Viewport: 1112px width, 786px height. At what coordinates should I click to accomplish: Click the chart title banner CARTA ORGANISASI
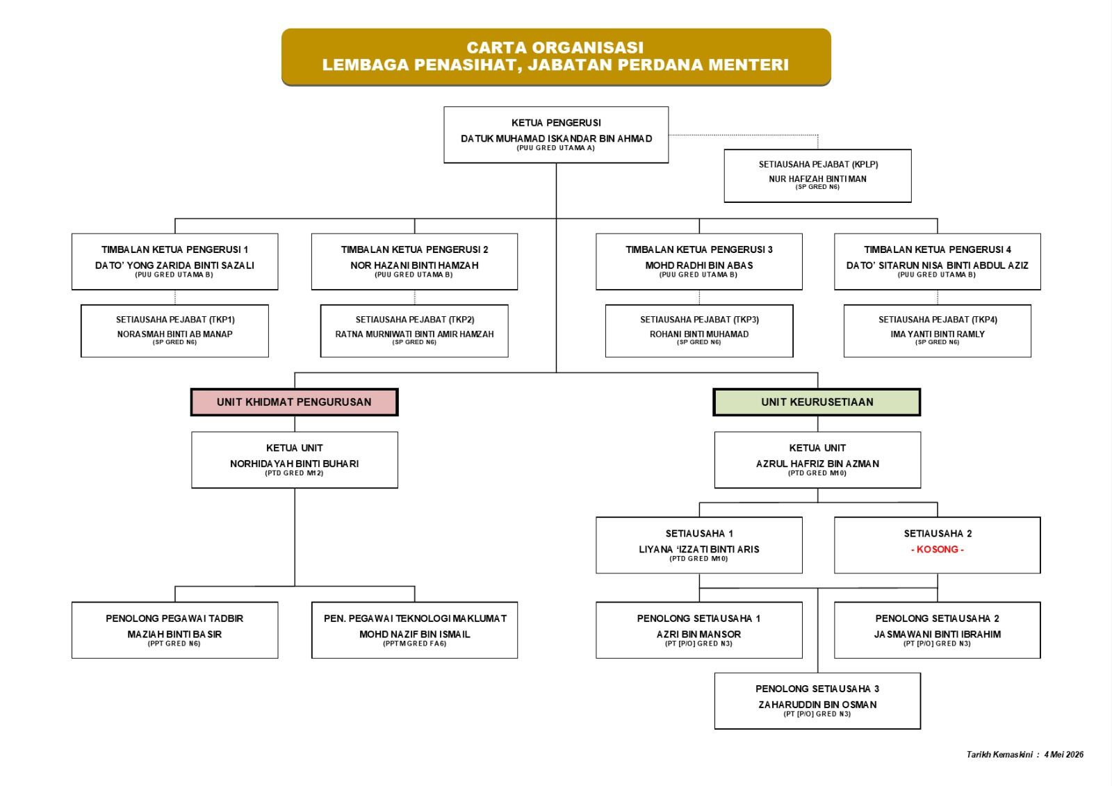coord(556,56)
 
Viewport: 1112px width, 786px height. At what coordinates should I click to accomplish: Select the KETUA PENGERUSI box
coord(556,135)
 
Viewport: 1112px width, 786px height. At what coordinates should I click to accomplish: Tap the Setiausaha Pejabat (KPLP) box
coord(817,176)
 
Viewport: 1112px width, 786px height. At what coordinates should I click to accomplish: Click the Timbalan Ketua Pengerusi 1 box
coord(174,262)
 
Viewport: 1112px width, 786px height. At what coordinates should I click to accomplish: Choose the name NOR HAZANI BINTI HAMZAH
coord(414,265)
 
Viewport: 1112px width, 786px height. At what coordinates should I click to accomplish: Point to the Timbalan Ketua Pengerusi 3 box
coord(699,262)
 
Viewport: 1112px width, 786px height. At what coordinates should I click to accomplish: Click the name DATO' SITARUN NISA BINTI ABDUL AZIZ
coord(938,265)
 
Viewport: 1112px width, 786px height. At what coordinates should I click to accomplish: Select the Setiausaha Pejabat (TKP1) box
coord(174,331)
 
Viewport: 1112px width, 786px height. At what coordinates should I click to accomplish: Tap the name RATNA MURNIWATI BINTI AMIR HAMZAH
coord(414,334)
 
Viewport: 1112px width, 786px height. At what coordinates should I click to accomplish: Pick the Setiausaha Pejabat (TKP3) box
coord(699,331)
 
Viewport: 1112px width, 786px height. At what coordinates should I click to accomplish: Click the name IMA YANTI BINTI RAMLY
coord(938,334)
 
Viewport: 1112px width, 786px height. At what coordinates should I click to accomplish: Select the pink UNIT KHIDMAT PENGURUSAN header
coord(295,402)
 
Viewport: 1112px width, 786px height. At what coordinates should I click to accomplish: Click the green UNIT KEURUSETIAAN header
coord(817,402)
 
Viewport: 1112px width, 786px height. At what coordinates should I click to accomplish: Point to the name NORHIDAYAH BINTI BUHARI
coord(295,464)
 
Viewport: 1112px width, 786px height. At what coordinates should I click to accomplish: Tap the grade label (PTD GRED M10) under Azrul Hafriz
coord(817,473)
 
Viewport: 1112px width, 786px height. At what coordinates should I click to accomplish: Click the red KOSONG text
coord(938,549)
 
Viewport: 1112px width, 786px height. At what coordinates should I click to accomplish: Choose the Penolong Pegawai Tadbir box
coord(174,630)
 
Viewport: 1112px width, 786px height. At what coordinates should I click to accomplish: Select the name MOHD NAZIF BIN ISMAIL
coord(414,634)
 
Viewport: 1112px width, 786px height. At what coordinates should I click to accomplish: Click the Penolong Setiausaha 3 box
coord(817,701)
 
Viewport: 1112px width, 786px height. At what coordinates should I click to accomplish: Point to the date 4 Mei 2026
coord(1064,755)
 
